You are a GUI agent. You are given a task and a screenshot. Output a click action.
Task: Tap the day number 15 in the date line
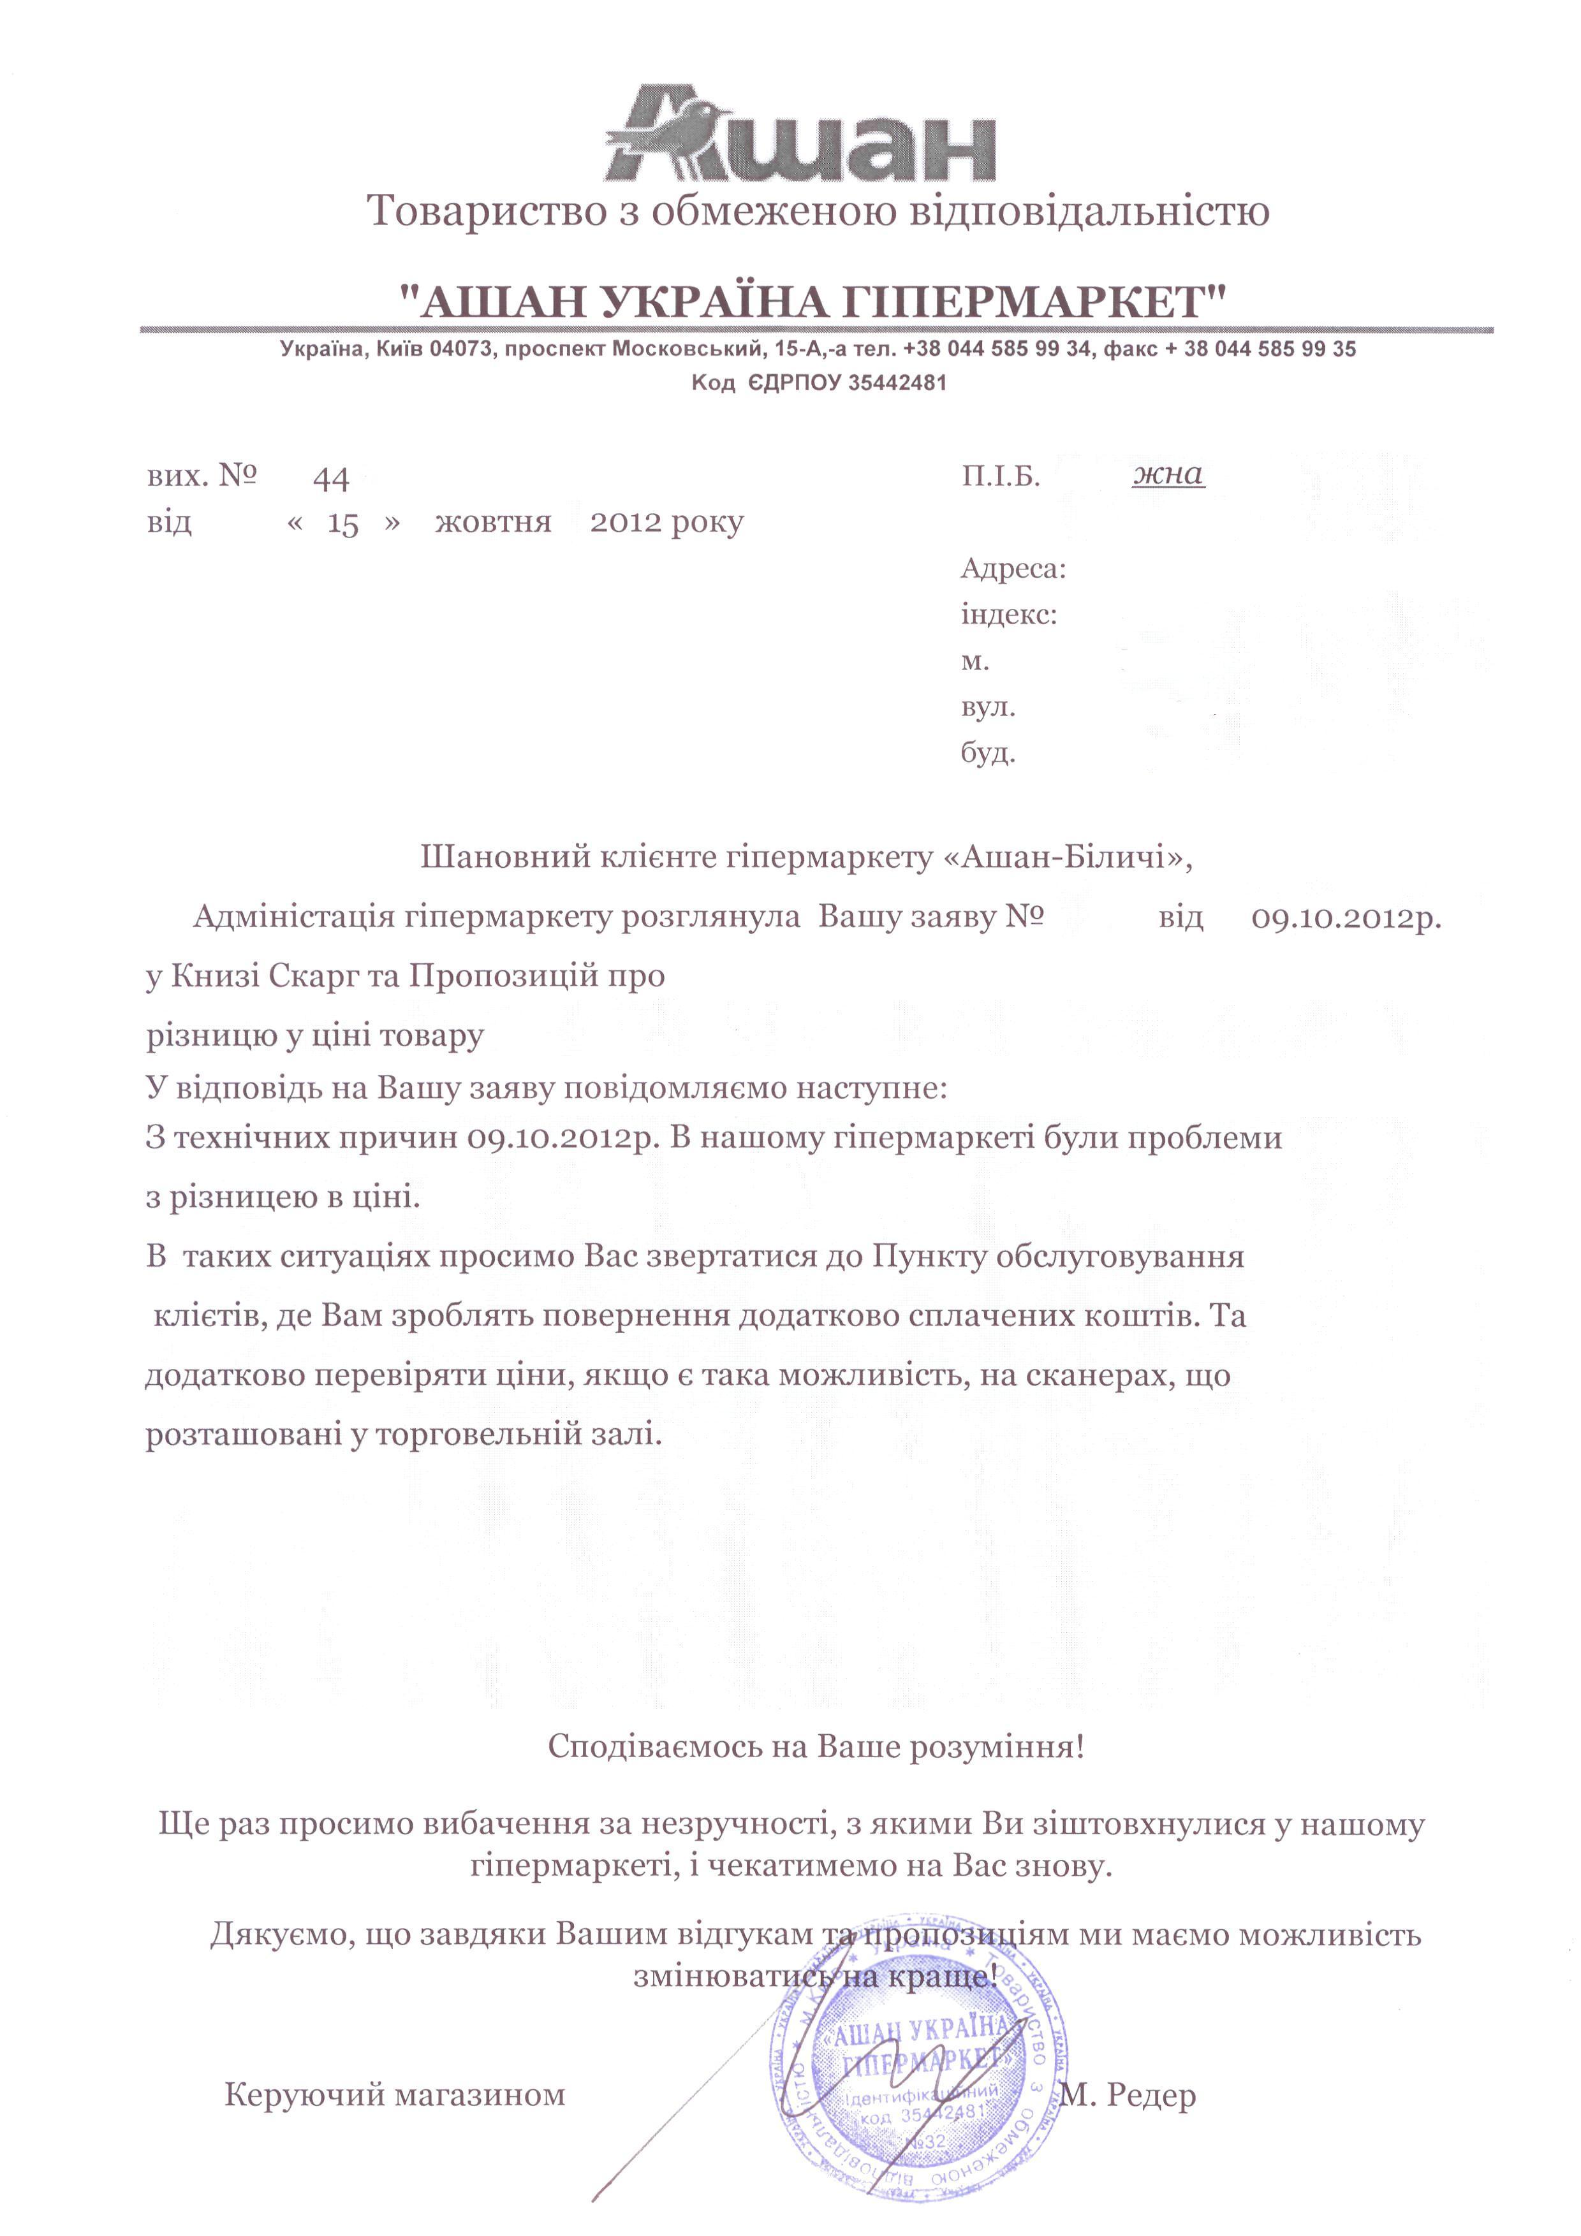343,525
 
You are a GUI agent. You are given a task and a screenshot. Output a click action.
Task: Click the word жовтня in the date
493,523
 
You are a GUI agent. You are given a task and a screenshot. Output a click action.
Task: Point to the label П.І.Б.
1001,476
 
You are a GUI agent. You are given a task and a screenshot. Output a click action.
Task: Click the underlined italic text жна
1168,474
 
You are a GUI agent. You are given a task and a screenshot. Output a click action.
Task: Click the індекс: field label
1008,615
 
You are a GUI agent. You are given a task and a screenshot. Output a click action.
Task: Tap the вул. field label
988,708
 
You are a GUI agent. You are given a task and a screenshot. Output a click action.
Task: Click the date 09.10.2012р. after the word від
1345,918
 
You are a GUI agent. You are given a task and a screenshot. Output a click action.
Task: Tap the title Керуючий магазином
395,2094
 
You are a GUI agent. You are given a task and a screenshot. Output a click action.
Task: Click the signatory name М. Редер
1128,2094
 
